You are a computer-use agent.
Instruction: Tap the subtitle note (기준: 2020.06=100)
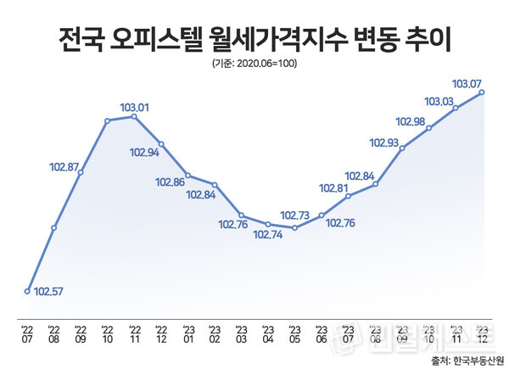tap(255, 64)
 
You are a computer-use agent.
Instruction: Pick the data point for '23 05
tap(294, 227)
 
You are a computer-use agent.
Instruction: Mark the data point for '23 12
tap(482, 92)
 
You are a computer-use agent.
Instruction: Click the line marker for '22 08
tap(54, 227)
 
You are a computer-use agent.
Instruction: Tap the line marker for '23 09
tap(401, 148)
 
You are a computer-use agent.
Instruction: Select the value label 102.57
tap(48, 293)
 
